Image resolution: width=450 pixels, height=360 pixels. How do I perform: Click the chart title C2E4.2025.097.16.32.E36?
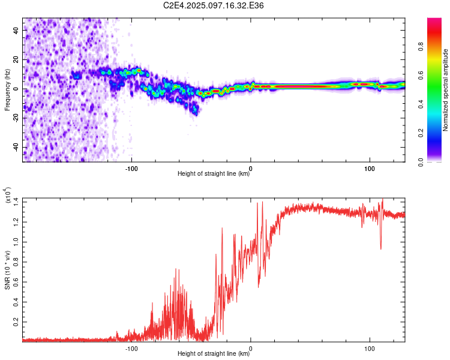click(213, 5)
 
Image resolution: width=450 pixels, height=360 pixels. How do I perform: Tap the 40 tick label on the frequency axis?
click(16, 31)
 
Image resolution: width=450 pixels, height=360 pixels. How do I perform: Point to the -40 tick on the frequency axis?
click(16, 147)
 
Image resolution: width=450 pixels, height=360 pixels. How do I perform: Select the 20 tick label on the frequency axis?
click(16, 60)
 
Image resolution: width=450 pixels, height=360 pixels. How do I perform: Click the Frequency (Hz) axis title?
click(7, 89)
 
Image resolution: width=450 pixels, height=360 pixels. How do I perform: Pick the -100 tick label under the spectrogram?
click(131, 169)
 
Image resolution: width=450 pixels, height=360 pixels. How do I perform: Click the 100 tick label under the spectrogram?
click(370, 169)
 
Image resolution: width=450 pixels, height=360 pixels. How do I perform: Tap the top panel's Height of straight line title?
click(214, 173)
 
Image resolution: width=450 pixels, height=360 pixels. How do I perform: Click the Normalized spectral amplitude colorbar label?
click(445, 89)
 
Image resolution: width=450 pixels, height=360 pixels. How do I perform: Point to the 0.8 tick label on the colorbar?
click(421, 46)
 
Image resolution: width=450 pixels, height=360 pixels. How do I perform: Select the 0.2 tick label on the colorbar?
click(421, 133)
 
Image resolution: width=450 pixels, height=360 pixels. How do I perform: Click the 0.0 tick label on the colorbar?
click(421, 162)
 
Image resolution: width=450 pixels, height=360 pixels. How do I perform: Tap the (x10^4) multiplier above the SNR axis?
click(8, 195)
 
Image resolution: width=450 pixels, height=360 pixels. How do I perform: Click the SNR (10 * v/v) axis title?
click(7, 270)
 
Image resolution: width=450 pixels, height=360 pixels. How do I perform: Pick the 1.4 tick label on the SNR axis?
click(16, 202)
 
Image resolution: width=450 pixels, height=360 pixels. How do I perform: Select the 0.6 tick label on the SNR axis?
click(16, 282)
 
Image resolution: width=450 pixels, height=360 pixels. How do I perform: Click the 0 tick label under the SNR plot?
click(251, 349)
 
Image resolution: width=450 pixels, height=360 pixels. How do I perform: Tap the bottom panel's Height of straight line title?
click(214, 353)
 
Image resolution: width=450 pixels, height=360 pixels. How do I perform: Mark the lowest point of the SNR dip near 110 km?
click(381, 249)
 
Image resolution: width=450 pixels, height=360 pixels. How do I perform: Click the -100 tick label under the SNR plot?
click(131, 349)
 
